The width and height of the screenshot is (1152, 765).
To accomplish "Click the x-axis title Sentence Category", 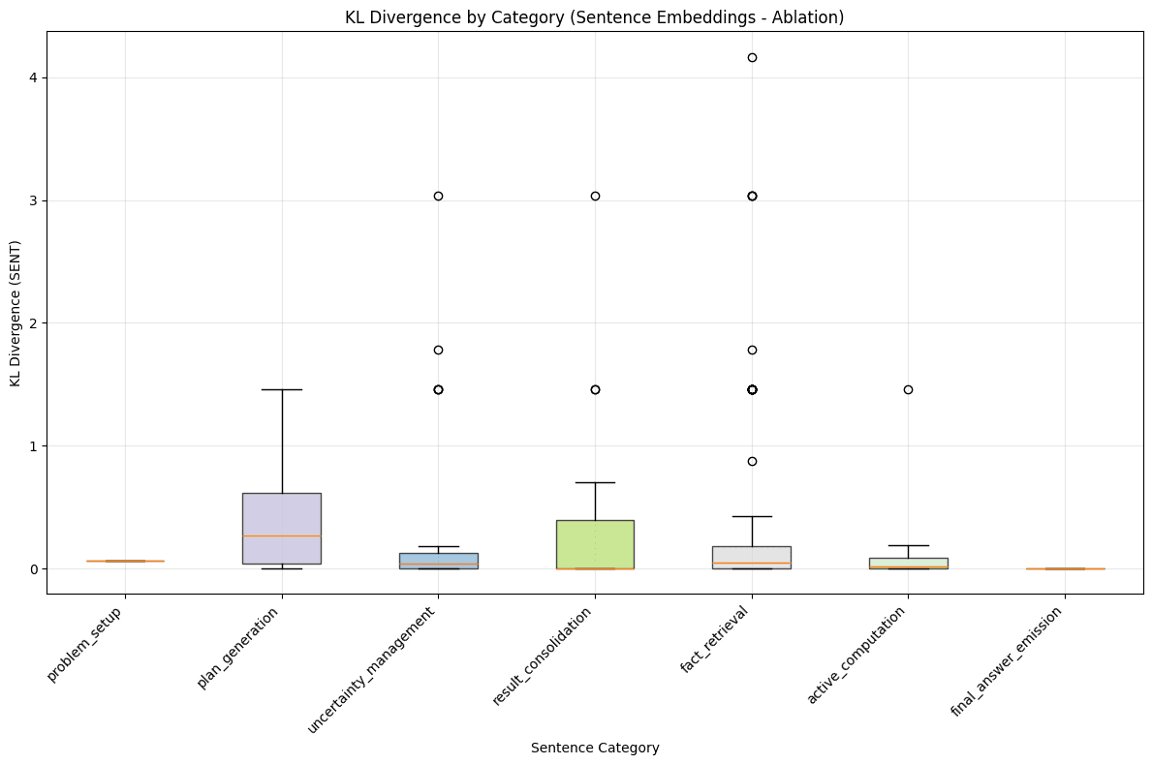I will point(594,748).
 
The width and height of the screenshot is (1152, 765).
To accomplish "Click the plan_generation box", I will point(282,528).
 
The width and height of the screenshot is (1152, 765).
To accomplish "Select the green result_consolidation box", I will point(595,544).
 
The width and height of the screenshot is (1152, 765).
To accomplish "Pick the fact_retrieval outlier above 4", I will point(752,58).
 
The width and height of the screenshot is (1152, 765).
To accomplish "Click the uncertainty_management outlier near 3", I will point(438,196).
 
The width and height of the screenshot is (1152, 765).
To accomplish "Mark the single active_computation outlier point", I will point(908,389).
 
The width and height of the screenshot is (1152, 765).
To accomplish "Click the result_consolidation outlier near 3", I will point(595,196).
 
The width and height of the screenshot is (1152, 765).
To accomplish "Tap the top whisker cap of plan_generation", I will point(282,389).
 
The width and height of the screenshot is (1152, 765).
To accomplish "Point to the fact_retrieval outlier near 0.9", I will point(752,461).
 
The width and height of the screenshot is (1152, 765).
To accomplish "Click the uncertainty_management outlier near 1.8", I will point(438,350).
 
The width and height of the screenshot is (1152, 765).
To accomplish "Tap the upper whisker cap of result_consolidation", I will point(595,482).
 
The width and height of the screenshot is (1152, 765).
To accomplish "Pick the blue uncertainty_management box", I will point(438,561).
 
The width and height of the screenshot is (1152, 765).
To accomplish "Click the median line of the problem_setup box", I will point(125,561).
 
